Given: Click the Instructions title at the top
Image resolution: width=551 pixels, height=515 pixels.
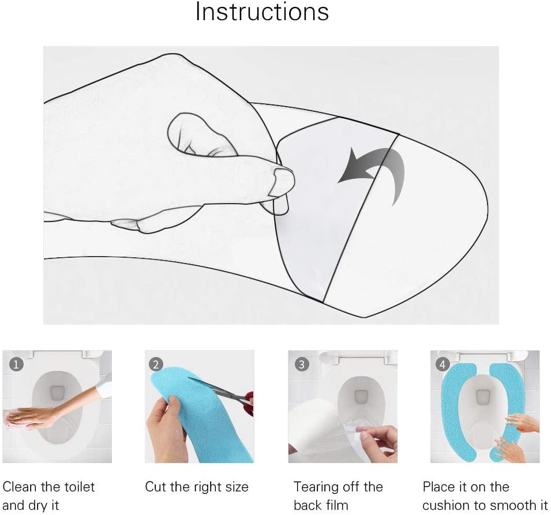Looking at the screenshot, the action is click(x=262, y=12).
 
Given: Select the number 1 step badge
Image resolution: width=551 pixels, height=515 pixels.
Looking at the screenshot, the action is click(x=17, y=364).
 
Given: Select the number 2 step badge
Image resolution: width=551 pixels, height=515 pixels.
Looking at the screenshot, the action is click(x=156, y=364).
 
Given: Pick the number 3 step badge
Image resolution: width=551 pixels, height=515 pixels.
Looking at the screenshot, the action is click(x=302, y=364).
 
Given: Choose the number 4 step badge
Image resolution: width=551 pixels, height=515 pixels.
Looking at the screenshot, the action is click(x=443, y=364).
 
